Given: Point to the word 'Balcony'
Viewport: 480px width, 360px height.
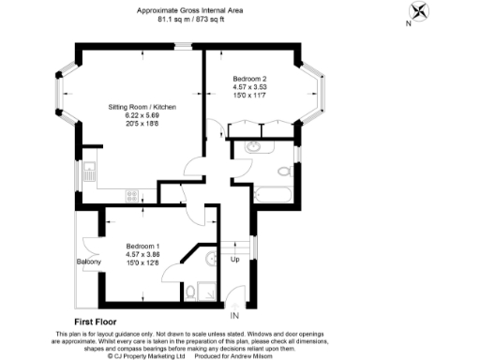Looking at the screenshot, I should (x=88, y=262).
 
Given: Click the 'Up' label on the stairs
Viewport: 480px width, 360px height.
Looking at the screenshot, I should (x=234, y=259).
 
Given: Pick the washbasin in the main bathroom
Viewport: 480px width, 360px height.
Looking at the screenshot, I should (x=253, y=146).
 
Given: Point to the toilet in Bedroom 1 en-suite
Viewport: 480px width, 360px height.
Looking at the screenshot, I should (x=191, y=292).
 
